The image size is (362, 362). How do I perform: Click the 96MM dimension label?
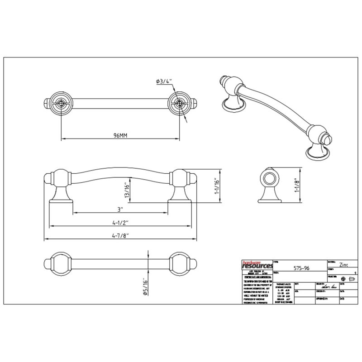[x=120, y=136]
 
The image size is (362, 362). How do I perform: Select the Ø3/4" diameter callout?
[x=164, y=81]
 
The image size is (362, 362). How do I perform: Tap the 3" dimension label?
[x=119, y=210]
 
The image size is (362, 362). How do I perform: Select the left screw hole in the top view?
[x=60, y=103]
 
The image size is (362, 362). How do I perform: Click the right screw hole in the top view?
[x=178, y=103]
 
